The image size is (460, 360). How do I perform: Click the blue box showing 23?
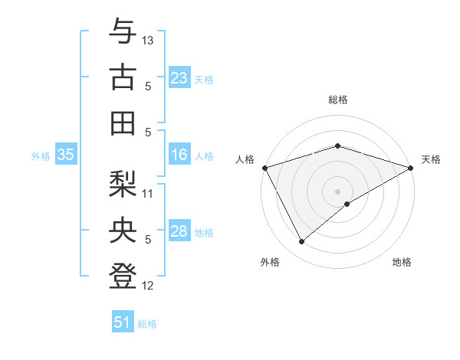tap(179, 78)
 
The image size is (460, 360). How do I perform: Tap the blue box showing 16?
tap(179, 155)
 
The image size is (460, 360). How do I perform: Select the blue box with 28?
tap(179, 232)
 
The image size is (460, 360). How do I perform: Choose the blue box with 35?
tap(66, 155)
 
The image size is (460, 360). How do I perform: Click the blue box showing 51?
tap(123, 322)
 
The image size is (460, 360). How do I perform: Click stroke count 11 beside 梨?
tap(148, 193)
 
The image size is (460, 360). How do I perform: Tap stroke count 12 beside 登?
tap(148, 286)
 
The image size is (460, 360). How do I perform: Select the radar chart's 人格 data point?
tap(264, 167)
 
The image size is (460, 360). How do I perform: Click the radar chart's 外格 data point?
tap(301, 242)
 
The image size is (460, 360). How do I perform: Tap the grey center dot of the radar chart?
tap(337, 190)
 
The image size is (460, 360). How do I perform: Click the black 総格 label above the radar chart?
tap(337, 100)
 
